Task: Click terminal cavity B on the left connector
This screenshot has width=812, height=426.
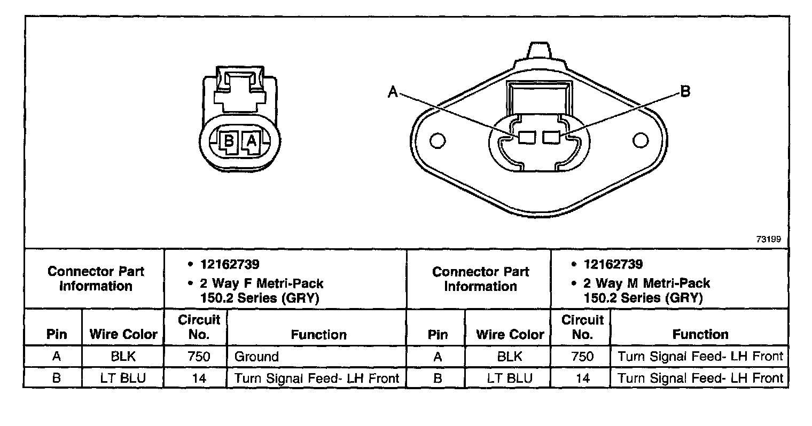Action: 229,141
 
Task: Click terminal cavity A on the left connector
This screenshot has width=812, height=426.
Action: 251,141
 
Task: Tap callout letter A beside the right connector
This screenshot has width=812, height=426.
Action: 393,92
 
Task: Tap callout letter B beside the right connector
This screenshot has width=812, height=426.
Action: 685,91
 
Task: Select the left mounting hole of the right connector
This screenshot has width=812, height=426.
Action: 438,140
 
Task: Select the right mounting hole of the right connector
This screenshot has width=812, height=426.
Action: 641,140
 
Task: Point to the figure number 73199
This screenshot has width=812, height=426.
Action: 769,239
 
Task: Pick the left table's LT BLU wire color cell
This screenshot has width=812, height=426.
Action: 123,378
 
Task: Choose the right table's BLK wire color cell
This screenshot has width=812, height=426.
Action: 510,357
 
